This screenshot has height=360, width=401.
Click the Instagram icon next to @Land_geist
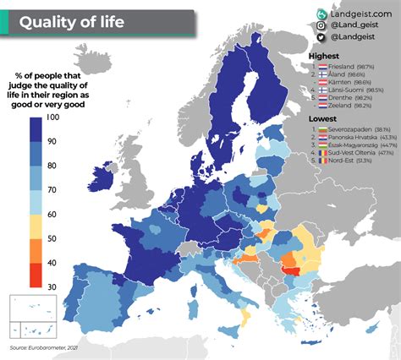[321, 28]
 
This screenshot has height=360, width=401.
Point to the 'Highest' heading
[324, 55]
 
